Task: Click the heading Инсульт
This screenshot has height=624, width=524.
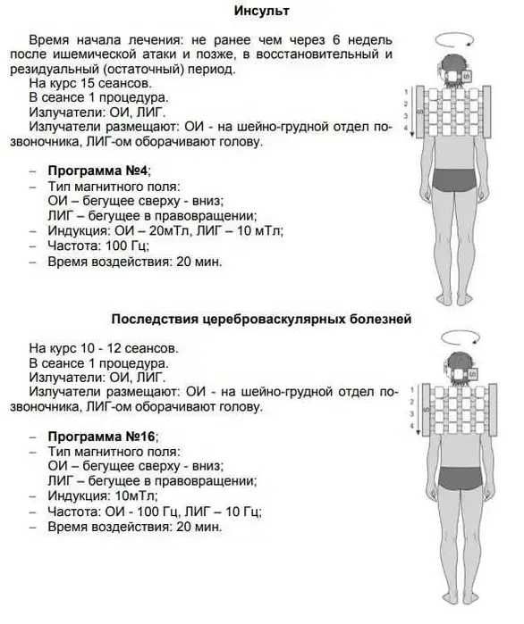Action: tap(262, 12)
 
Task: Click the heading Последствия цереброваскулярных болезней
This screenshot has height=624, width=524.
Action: tap(262, 319)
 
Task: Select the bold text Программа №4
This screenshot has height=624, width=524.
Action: tap(97, 170)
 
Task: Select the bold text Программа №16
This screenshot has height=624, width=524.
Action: tap(100, 436)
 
